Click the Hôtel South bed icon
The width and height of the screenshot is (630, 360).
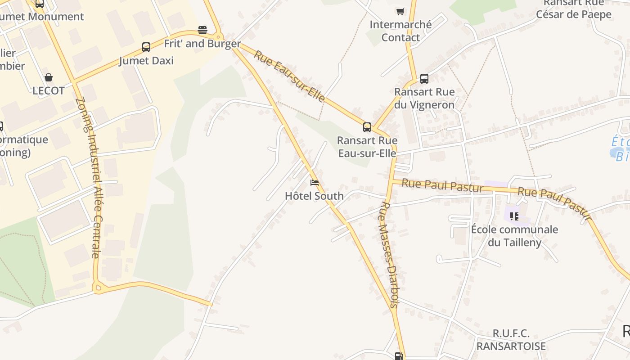tap(315, 183)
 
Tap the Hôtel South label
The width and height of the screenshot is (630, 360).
tap(314, 196)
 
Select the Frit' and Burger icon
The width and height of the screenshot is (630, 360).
tap(202, 30)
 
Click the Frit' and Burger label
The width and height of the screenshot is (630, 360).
tap(202, 44)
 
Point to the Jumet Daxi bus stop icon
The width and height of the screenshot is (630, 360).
tap(146, 47)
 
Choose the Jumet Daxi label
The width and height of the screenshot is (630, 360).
tap(146, 61)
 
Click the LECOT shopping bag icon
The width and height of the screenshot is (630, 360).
tap(49, 77)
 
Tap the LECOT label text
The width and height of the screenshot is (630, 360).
tap(49, 90)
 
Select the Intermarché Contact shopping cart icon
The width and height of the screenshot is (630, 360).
tap(400, 11)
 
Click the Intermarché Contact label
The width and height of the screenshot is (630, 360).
tap(400, 31)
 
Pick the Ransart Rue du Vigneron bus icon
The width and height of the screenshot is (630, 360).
tap(424, 79)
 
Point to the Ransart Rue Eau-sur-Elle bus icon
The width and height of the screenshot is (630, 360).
tap(367, 127)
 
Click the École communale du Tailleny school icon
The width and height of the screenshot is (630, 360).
tap(514, 216)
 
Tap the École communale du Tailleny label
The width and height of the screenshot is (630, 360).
tap(514, 236)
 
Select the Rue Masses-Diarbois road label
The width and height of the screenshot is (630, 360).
tap(389, 254)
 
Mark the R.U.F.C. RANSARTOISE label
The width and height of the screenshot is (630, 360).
tap(511, 340)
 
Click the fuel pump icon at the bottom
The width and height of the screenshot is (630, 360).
tap(399, 356)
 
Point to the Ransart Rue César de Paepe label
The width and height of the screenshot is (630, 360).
tap(573, 9)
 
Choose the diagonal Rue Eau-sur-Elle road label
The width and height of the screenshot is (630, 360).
tap(289, 76)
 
